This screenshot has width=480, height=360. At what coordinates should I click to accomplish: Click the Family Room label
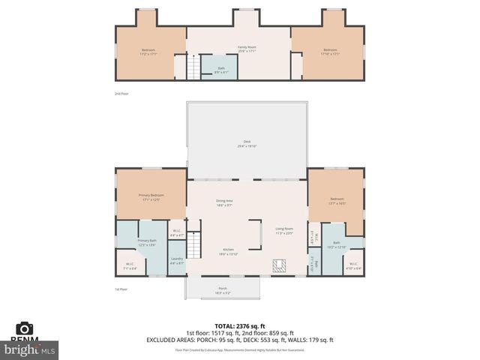(247, 49)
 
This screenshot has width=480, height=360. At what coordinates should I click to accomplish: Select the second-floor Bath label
(221, 70)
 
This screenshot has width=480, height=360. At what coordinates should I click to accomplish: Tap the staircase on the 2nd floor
(194, 70)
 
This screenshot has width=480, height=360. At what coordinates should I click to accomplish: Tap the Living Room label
(283, 231)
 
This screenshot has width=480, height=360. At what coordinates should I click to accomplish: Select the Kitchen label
(227, 252)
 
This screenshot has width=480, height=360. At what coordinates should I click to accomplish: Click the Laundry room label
(176, 260)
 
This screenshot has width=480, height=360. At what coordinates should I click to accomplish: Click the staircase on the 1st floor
(194, 243)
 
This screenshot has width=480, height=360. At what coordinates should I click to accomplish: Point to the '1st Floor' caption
(121, 289)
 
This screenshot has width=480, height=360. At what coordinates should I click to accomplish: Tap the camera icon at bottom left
(25, 328)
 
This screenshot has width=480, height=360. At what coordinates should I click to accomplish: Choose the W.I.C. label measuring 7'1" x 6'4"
(130, 265)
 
